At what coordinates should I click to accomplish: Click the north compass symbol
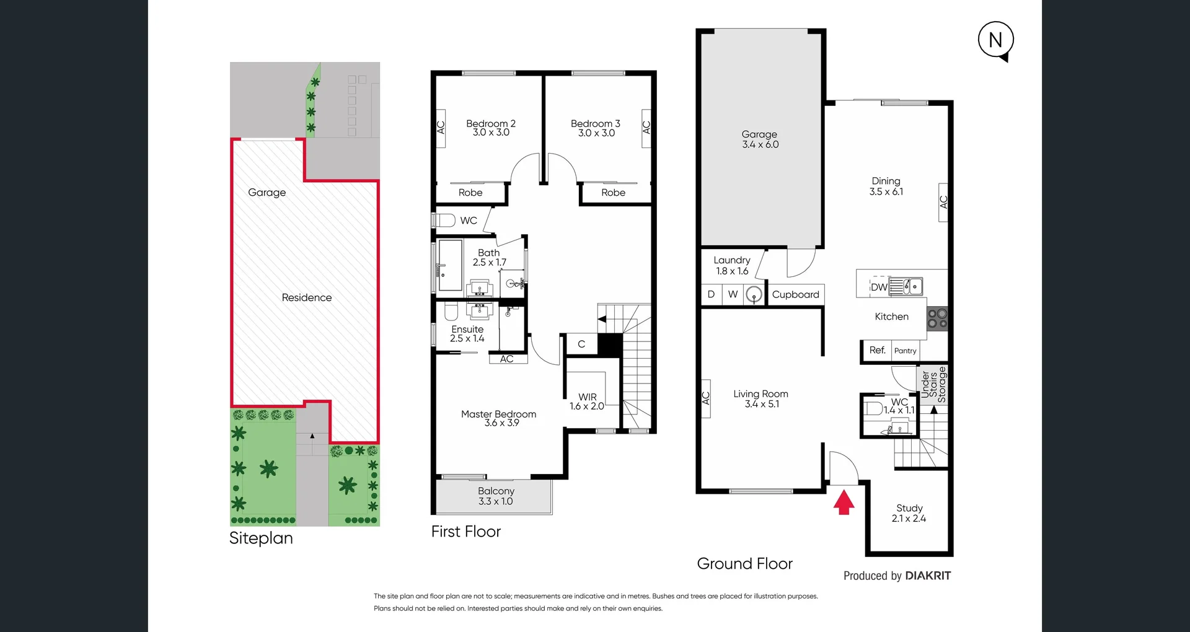point(995,40)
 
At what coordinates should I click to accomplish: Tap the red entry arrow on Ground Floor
point(844,503)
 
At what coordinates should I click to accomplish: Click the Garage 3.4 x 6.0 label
point(760,139)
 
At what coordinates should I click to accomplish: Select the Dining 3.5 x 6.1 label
point(886,187)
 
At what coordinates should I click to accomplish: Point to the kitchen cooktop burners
point(937,319)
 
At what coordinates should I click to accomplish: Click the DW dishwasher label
point(878,287)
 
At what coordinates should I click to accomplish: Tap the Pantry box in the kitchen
point(905,351)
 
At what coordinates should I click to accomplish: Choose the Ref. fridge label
point(876,350)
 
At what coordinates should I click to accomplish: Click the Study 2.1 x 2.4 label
point(909,513)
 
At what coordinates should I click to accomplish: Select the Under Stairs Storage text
point(933,385)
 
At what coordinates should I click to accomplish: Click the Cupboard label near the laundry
point(795,295)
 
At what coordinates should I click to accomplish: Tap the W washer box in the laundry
point(733,294)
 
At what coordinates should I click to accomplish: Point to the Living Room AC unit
point(705,398)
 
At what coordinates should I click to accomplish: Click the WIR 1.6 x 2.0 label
point(587,402)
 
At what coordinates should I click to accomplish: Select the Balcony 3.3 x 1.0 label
point(495,496)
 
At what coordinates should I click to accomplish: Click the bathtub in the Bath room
point(450,266)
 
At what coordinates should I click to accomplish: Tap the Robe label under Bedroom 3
point(613,193)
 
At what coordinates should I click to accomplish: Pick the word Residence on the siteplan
point(306,298)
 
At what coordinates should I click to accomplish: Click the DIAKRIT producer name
point(927,576)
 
